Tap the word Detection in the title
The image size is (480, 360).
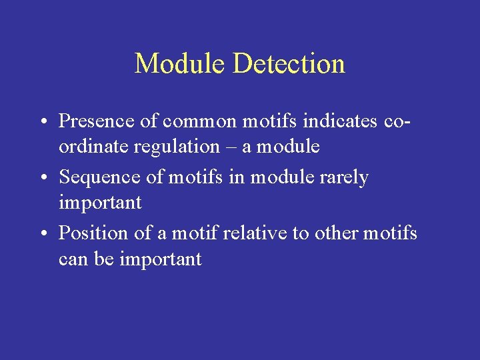pos(289,64)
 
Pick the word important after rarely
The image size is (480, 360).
pos(100,203)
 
